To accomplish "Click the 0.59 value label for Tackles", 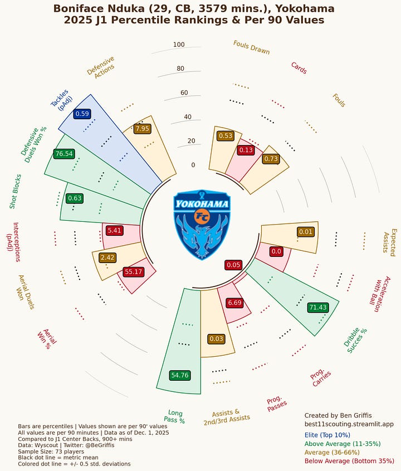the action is coord(82,114).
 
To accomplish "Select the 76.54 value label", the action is coord(63,153).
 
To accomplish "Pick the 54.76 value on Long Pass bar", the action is coord(179,375).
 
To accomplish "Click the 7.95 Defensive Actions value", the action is coord(143,128).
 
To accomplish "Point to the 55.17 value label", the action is coord(134,271).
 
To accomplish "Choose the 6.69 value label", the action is coord(235,303).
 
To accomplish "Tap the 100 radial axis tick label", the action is coord(179,45).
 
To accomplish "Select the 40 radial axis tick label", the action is coord(179,116).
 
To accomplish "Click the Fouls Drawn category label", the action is coord(251,48).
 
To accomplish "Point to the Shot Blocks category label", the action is coord(16,190).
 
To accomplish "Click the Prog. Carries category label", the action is coord(321,378).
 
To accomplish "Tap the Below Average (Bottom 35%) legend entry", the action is coord(349,461).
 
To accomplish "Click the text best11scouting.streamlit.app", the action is coord(349,424).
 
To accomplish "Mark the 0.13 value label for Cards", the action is coord(246,150).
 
